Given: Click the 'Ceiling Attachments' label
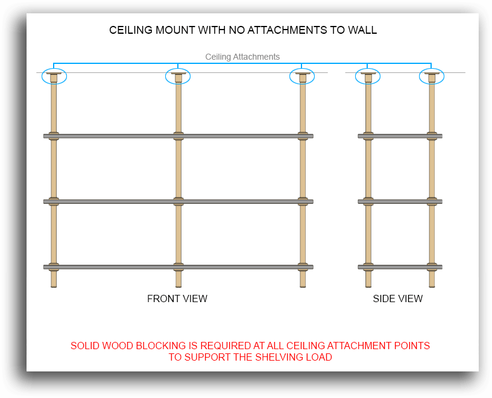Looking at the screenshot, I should tap(242, 57).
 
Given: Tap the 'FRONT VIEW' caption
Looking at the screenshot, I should tap(177, 298).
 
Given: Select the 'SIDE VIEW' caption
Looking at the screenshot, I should tap(397, 298).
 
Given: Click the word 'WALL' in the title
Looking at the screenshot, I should tap(362, 30).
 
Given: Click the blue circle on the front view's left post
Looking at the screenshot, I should tap(54, 77).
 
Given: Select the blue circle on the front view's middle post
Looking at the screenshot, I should tap(178, 77).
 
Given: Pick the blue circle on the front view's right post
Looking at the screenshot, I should tap(302, 77).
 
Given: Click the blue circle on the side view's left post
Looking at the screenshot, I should tap(368, 77).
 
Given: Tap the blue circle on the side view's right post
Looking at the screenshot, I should tap(432, 77).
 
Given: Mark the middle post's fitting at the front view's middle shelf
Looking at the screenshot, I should tap(178, 201).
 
